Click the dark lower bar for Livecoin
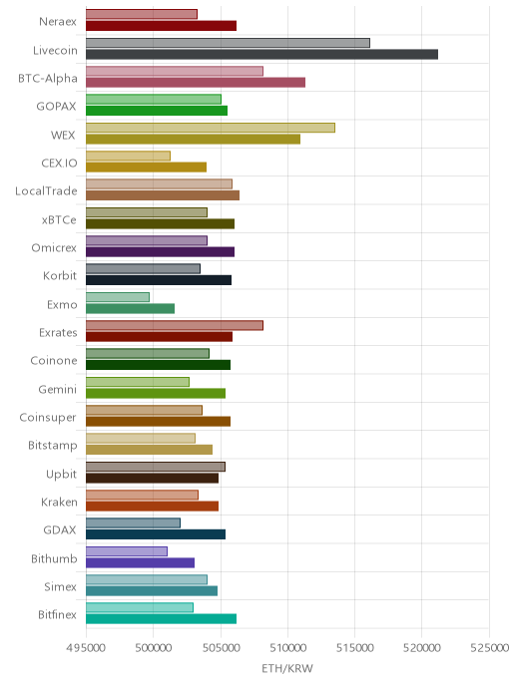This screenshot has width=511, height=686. (261, 54)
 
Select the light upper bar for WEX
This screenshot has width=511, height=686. (211, 128)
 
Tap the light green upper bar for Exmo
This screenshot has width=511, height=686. (118, 297)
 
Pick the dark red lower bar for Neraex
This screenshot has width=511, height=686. (161, 26)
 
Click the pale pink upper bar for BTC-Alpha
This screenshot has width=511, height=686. (175, 71)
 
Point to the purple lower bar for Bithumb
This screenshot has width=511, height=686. (140, 562)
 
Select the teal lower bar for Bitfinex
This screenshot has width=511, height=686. (161, 618)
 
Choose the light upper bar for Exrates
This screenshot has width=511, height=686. (175, 325)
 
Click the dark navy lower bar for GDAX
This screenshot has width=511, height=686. (156, 534)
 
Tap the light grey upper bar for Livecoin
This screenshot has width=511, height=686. (228, 43)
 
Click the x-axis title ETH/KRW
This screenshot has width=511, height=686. (287, 668)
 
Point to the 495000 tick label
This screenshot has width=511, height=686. (86, 647)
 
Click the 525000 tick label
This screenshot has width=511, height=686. (490, 647)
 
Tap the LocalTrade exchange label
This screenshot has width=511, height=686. (46, 191)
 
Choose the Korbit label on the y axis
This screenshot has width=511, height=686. (60, 275)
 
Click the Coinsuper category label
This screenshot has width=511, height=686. (48, 418)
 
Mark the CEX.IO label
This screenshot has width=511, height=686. (59, 164)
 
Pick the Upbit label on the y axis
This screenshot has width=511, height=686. (61, 475)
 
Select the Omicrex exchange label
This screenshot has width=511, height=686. (54, 247)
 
